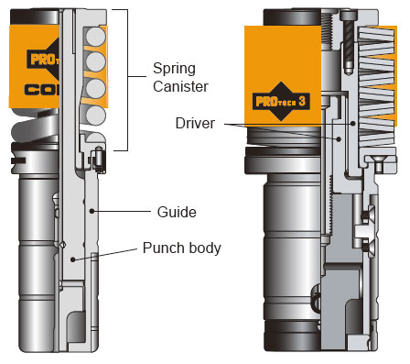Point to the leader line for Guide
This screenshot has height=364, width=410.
tap(127, 211)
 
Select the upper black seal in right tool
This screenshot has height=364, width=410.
tap(367, 217)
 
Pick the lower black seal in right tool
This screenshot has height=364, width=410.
tap(367, 246)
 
